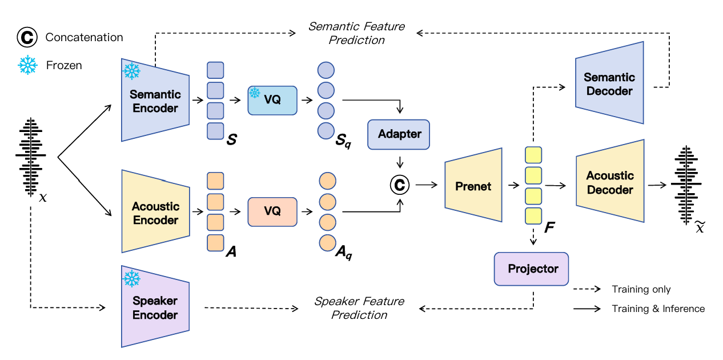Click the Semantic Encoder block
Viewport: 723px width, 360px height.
point(155,101)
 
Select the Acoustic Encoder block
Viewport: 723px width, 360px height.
point(155,213)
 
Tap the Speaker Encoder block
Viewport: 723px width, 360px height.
point(155,307)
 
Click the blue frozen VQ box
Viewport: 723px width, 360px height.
point(272,101)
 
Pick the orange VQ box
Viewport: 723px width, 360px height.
point(272,211)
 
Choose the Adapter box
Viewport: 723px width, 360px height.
point(399,134)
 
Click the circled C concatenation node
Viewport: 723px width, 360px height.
point(400,185)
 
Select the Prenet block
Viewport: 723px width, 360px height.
point(473,186)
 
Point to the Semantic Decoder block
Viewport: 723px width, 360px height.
point(609,84)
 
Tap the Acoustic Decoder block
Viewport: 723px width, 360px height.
point(610,182)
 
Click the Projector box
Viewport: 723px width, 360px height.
point(533,269)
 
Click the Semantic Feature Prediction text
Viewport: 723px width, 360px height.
point(356,33)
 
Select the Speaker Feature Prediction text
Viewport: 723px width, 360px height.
point(359,308)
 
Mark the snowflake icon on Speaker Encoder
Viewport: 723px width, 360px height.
point(132,278)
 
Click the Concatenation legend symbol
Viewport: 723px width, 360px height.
point(26,38)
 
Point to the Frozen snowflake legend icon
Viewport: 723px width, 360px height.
point(27,65)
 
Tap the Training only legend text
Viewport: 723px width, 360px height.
point(641,289)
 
